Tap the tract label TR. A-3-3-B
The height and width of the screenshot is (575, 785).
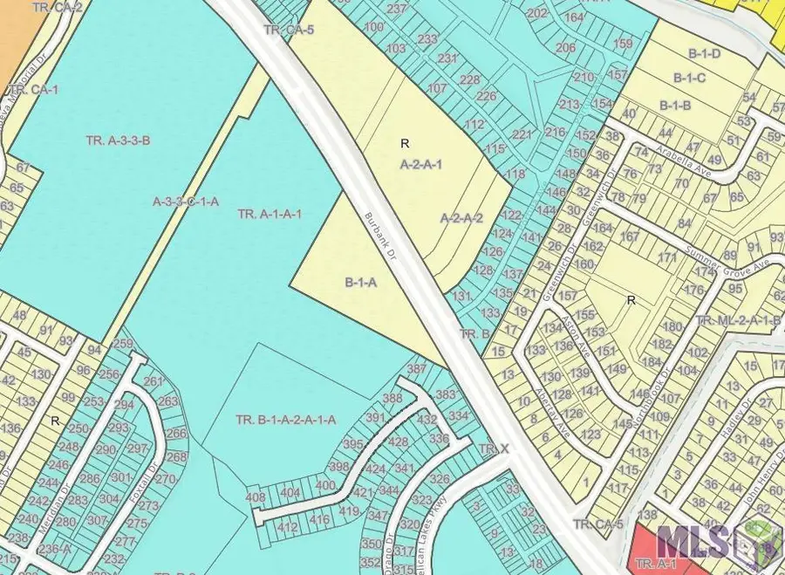pos(119,140)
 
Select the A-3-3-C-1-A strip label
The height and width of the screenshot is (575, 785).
pos(186,202)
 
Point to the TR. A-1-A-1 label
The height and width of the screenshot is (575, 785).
pos(270,213)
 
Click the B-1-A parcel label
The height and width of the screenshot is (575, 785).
pos(360,282)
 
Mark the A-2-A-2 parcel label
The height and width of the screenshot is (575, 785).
pos(461,218)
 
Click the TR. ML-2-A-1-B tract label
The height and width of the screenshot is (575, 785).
pos(738,321)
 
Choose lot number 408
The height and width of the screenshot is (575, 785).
pos(256,498)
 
